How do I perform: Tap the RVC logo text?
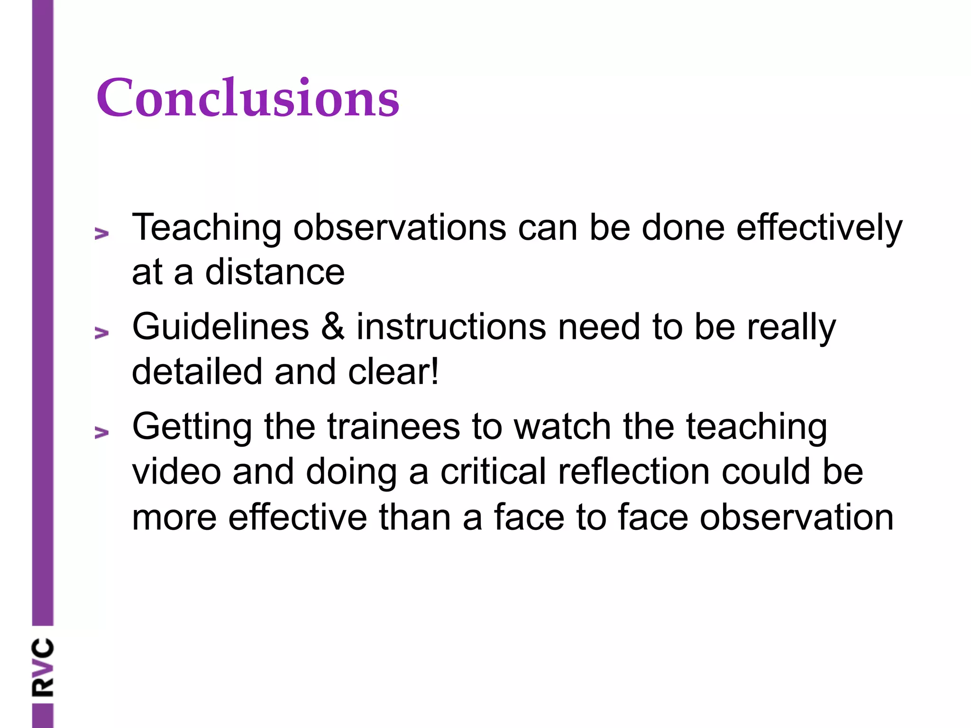point(43,668)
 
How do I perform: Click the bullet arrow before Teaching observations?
point(101,233)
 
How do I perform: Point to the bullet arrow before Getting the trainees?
point(101,432)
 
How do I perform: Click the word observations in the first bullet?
point(400,228)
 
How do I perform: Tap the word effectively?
point(819,228)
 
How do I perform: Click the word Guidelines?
point(220,327)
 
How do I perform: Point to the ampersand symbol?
point(333,327)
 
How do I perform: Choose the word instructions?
point(451,327)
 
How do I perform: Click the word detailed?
point(197,372)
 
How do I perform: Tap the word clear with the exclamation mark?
point(394,372)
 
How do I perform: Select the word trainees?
point(393,427)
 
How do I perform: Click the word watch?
point(562,427)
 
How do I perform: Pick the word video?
point(176,472)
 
